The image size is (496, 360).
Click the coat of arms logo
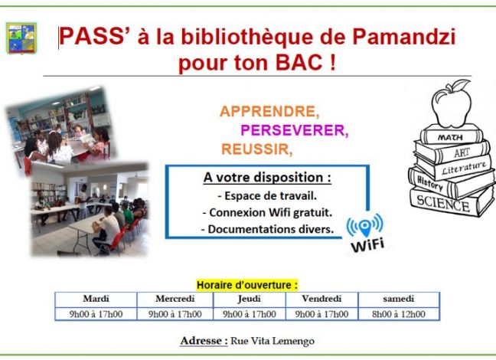click(21, 38)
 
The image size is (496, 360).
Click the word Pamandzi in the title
click(403, 37)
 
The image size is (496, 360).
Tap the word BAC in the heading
click(299, 62)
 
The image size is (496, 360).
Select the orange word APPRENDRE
click(269, 112)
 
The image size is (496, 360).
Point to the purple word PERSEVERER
click(295, 130)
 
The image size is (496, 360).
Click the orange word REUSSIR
click(257, 149)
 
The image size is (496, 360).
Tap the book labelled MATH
click(452, 135)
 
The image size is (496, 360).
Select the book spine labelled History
click(429, 183)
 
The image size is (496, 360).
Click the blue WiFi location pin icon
click(364, 225)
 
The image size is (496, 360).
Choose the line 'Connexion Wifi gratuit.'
click(267, 212)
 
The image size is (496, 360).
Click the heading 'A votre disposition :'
click(267, 177)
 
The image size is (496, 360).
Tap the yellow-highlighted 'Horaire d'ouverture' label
click(247, 285)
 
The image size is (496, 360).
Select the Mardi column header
click(96, 299)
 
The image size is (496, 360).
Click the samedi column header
click(399, 299)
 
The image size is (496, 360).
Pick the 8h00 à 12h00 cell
click(399, 314)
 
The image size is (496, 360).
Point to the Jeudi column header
click(250, 299)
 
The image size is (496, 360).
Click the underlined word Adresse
click(204, 341)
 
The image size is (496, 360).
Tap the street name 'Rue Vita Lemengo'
click(272, 341)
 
